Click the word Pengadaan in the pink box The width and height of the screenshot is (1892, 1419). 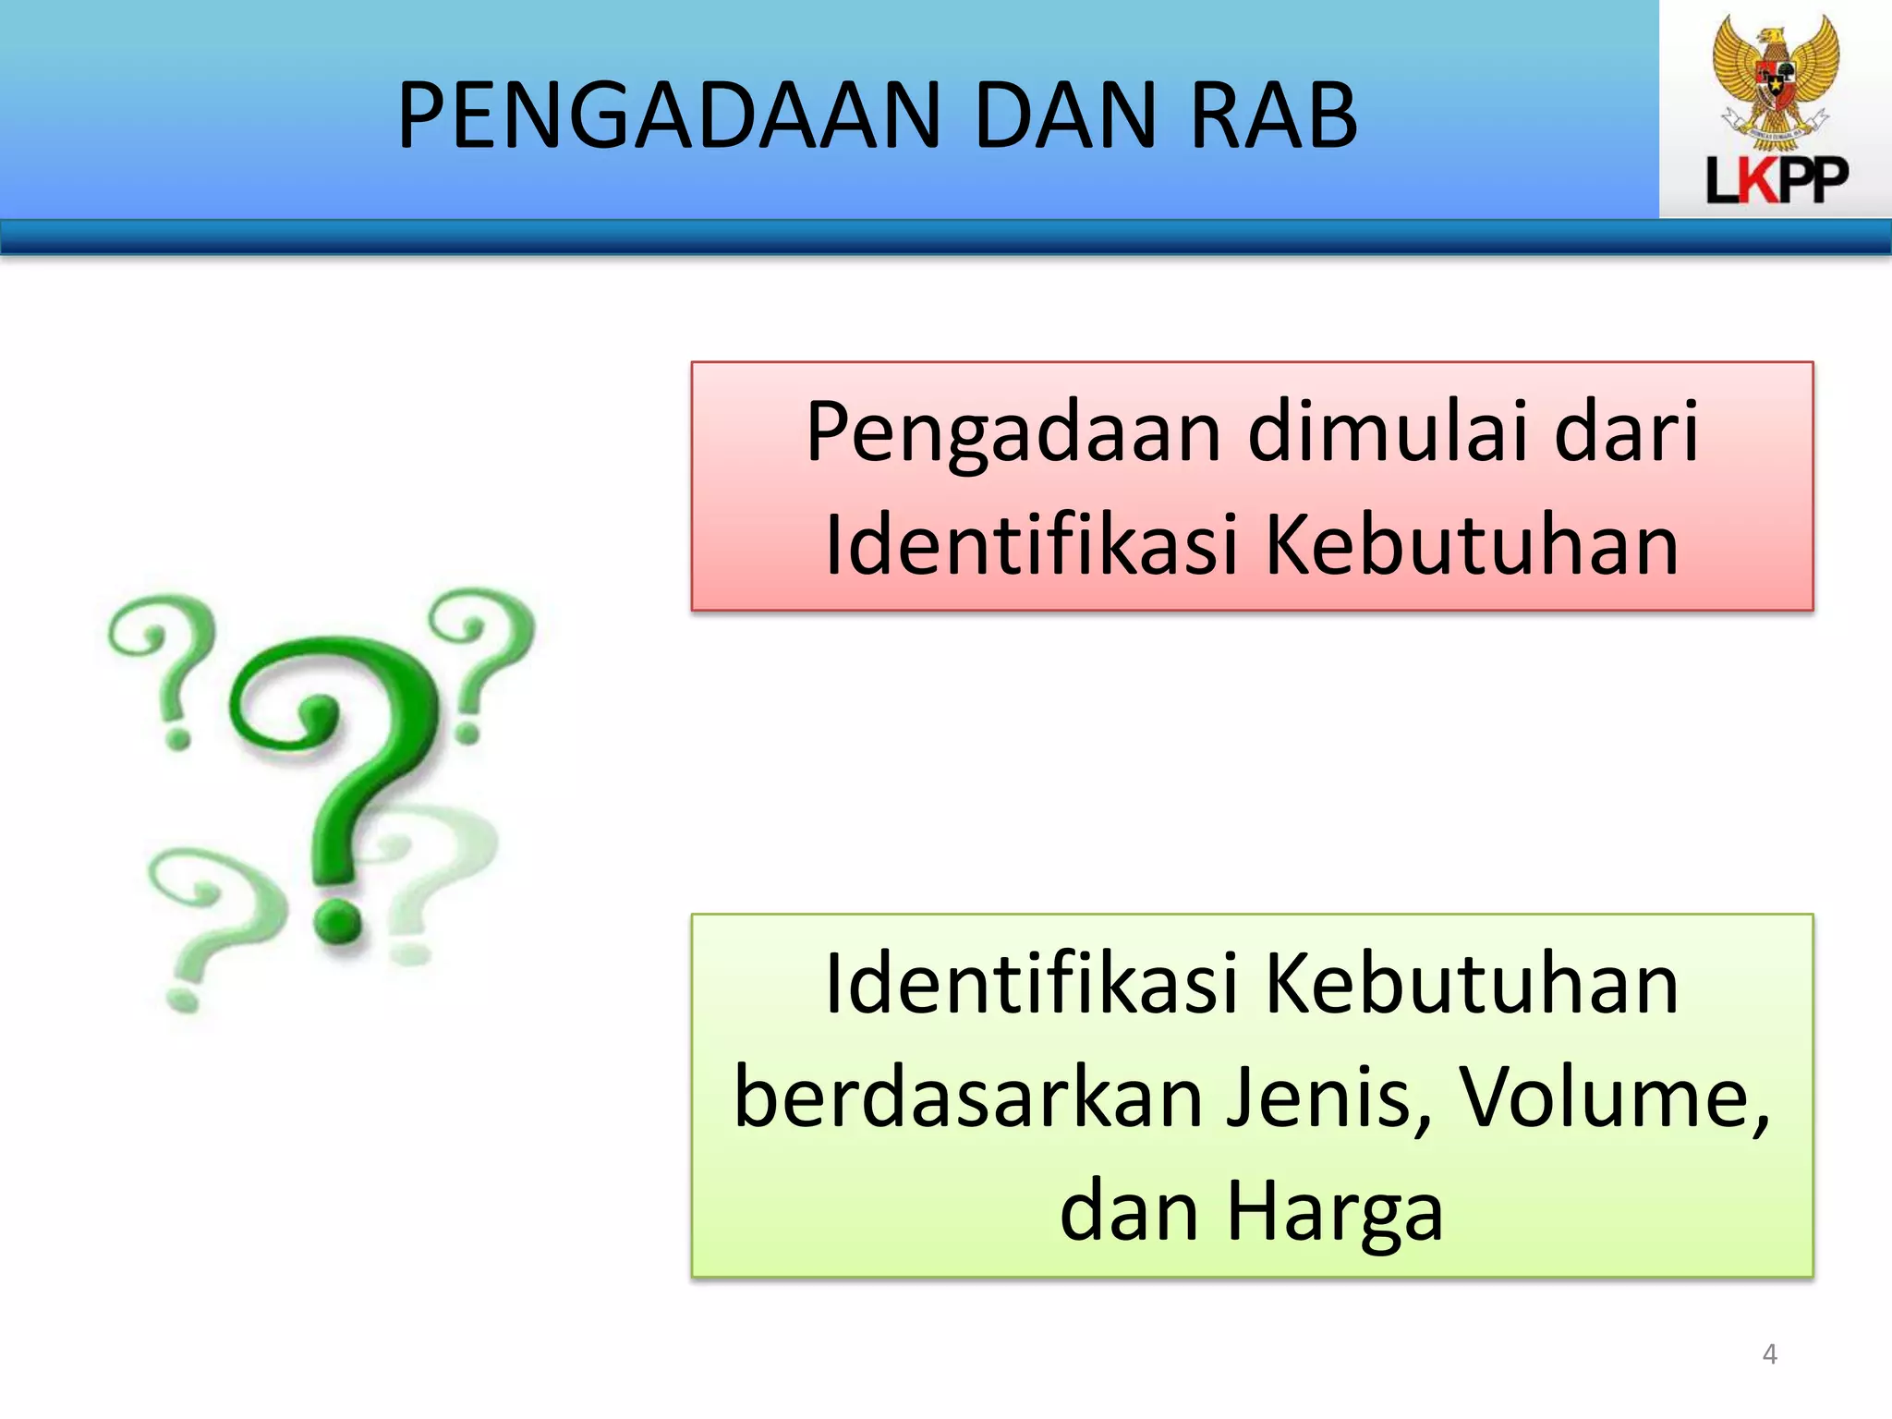pyautogui.click(x=1013, y=432)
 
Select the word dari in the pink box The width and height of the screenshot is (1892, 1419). pyautogui.click(x=1626, y=432)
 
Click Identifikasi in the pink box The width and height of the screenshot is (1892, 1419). pyautogui.click(x=1030, y=545)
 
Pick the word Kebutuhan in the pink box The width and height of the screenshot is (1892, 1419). pyautogui.click(x=1471, y=545)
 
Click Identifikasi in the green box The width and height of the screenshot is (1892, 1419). pyautogui.click(x=1030, y=985)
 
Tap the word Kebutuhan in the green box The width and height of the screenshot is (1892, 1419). pyautogui.click(x=1471, y=985)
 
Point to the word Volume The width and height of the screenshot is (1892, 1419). pyautogui.click(x=1612, y=1098)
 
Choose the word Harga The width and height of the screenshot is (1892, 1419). pyautogui.click(x=1334, y=1212)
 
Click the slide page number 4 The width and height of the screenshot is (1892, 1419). pyautogui.click(x=1769, y=1354)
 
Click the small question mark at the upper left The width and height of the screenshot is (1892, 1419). pyautogui.click(x=163, y=665)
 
